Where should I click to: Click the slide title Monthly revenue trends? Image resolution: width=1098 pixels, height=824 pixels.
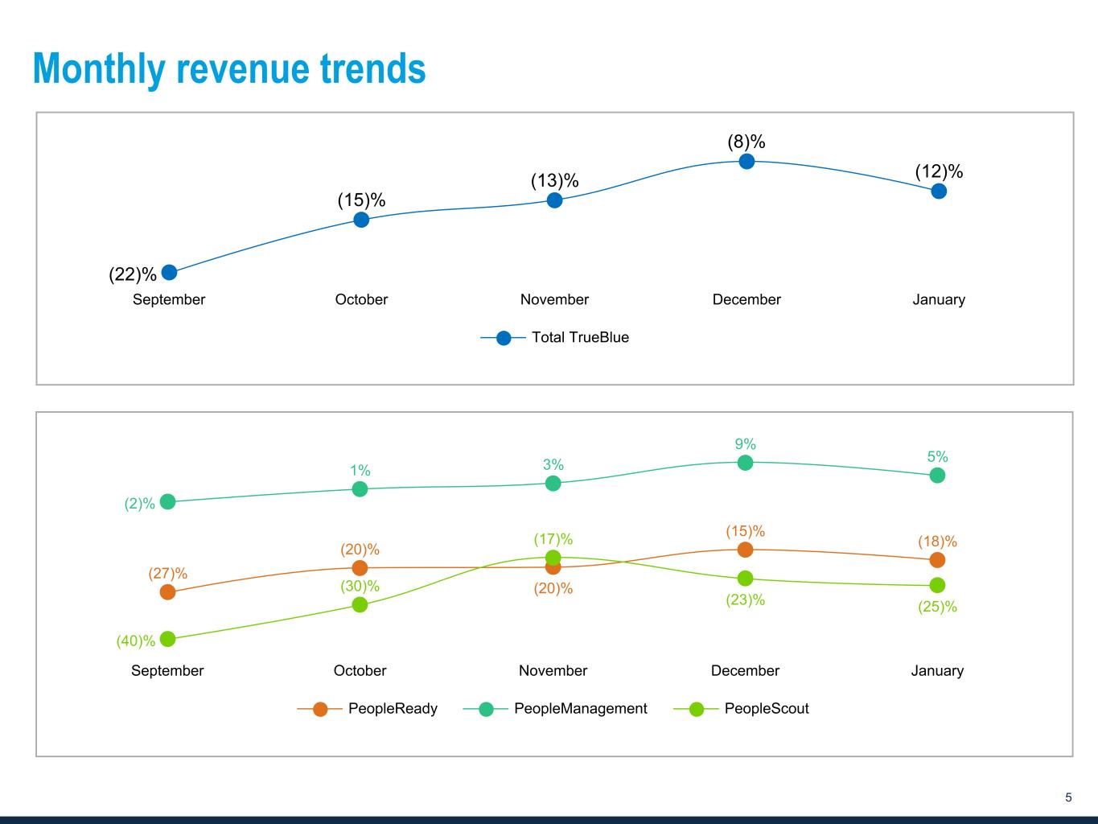click(x=229, y=68)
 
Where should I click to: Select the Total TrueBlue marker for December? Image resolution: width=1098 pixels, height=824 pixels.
click(x=746, y=162)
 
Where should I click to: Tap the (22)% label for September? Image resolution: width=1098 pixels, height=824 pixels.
click(x=133, y=274)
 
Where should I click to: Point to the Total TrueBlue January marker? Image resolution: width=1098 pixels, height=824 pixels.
click(x=939, y=192)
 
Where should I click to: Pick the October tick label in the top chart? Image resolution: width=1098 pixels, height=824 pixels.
click(x=361, y=300)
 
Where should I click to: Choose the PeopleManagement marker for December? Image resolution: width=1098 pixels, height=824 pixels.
click(x=745, y=463)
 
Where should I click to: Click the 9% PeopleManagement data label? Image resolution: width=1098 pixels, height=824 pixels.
click(x=745, y=444)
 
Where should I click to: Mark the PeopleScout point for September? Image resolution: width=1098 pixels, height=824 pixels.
click(x=167, y=639)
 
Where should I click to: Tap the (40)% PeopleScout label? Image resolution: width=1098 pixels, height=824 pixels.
click(x=135, y=641)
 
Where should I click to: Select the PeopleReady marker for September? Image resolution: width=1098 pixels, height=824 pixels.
click(x=167, y=592)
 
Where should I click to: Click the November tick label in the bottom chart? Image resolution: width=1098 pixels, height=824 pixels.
click(x=553, y=671)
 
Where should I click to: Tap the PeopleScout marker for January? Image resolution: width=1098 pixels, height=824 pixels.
click(x=937, y=585)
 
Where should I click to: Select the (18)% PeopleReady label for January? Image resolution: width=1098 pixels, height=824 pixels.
click(x=937, y=542)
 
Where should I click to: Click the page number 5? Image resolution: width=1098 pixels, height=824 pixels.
click(x=1068, y=798)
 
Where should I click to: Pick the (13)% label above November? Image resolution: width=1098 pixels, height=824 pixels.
click(x=554, y=181)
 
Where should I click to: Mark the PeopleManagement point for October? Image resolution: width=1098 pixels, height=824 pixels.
click(x=360, y=489)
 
